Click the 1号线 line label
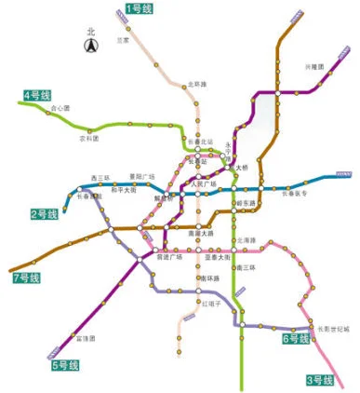coord(140,8)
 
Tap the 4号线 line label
coord(37,95)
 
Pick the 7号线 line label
coord(26,278)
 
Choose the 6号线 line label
coord(295,340)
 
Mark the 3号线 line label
coord(319,380)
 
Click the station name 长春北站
coord(201,142)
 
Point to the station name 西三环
coord(100,176)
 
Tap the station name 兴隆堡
coord(316,67)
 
